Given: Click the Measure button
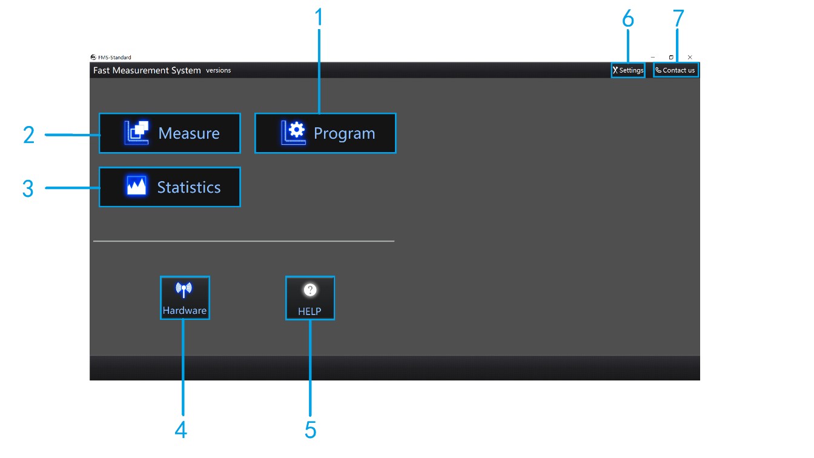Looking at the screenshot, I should (x=170, y=133).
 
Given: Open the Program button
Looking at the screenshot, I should (x=325, y=133).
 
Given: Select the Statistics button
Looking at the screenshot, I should (x=170, y=187).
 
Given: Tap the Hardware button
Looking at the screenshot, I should (x=185, y=298).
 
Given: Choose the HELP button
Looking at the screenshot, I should (x=309, y=298).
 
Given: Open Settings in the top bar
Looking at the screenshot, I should (x=628, y=70).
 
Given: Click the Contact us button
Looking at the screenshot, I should (x=676, y=70).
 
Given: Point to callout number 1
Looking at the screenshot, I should (x=319, y=18).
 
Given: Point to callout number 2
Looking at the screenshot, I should (x=28, y=134).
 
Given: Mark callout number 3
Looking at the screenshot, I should (x=28, y=188).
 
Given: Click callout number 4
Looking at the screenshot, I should (x=180, y=430).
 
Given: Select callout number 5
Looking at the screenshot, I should (x=310, y=430).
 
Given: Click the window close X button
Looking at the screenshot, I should (x=690, y=58).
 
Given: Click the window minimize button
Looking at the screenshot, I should (x=652, y=58).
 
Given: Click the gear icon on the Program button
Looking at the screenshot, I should (x=297, y=130).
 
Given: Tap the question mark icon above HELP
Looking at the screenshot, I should (x=309, y=291).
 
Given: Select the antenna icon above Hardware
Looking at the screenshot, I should (x=184, y=290).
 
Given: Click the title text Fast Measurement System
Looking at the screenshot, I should (x=147, y=70).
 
